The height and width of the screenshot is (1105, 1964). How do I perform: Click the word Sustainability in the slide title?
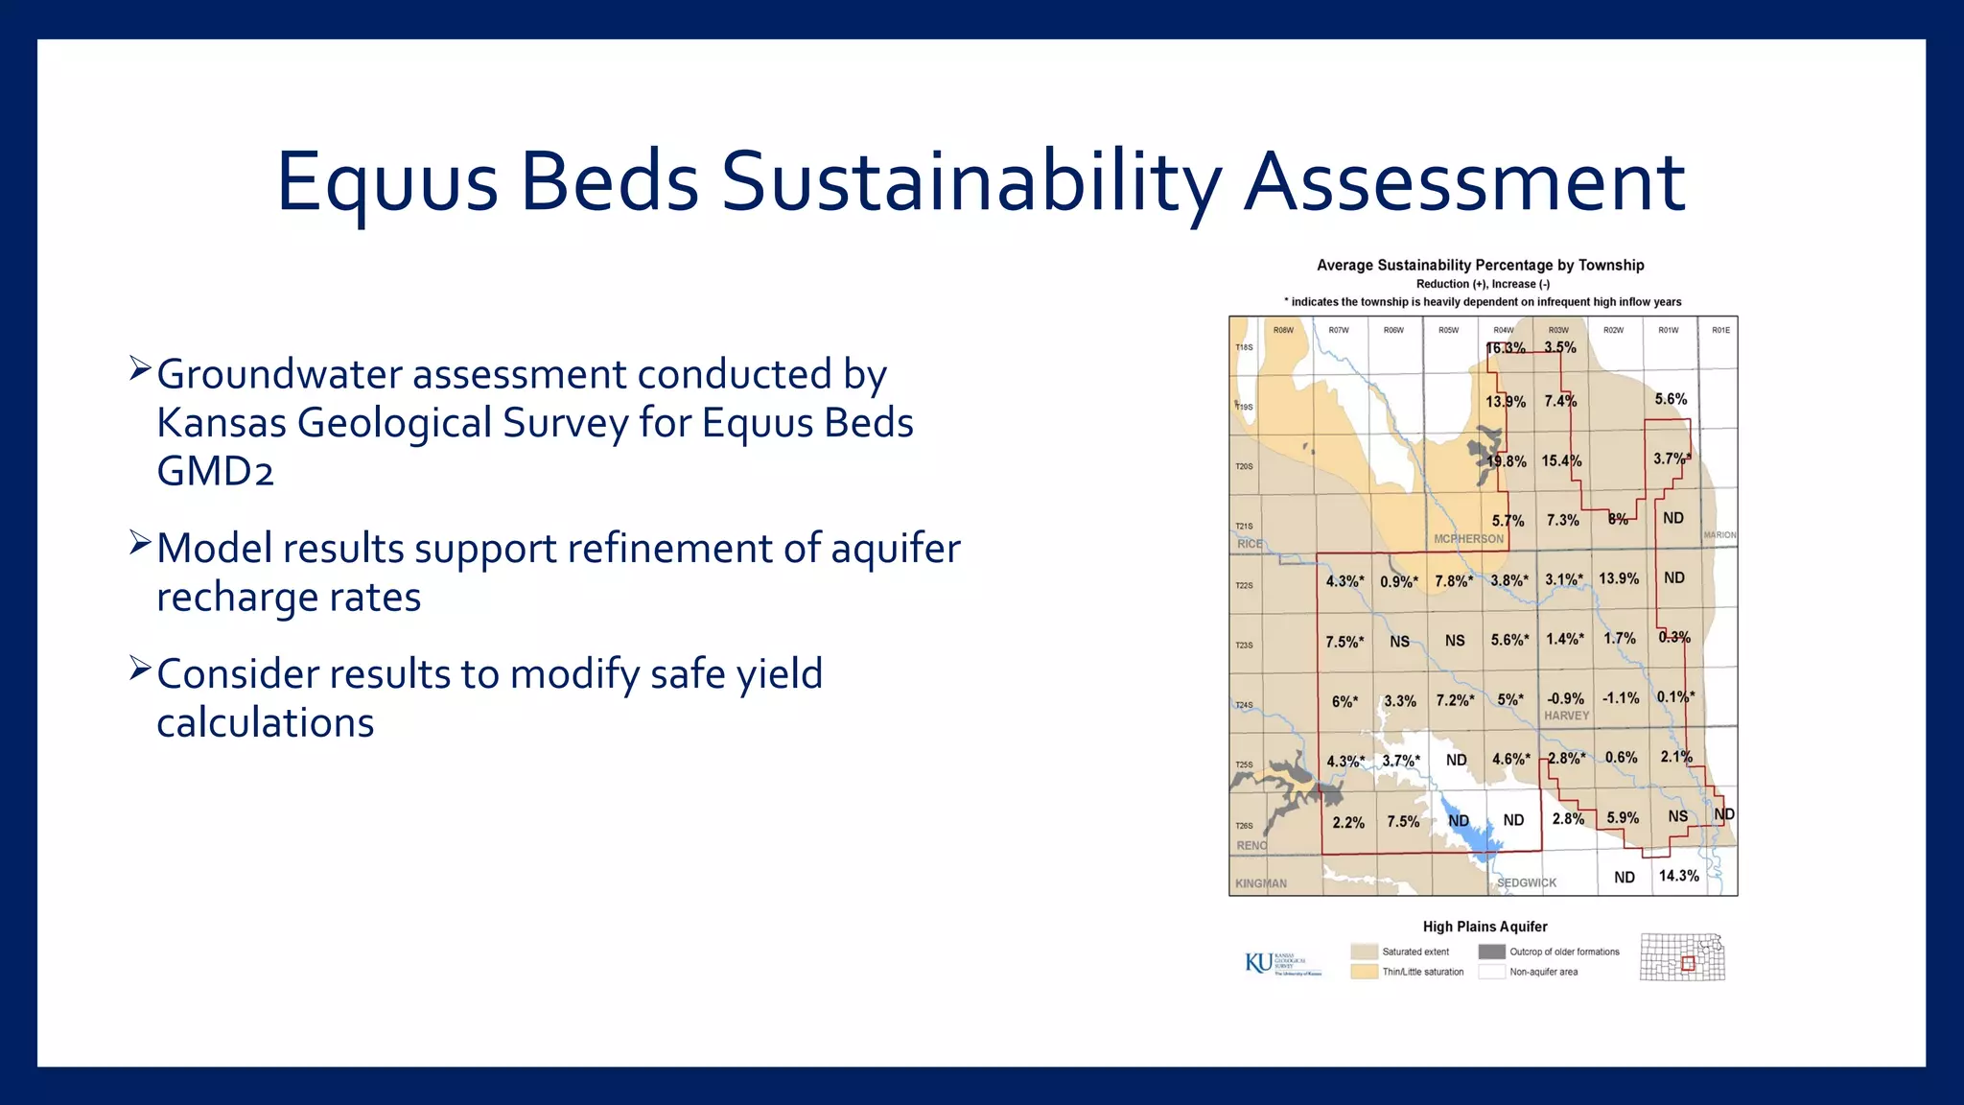(x=970, y=182)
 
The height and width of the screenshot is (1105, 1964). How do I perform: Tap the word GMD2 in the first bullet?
(x=215, y=472)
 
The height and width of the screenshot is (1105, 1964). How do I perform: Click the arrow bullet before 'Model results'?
(x=140, y=545)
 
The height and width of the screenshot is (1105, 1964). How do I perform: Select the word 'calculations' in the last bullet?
(x=265, y=723)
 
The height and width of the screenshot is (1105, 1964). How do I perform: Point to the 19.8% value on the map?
(x=1507, y=461)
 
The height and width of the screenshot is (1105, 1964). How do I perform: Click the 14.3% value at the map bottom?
(x=1678, y=876)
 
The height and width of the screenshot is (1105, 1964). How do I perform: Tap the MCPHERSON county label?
(x=1468, y=539)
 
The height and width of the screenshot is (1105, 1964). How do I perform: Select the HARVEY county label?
(x=1566, y=716)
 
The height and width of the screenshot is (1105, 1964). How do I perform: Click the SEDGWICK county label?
(x=1527, y=882)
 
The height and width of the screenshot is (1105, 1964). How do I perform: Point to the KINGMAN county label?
(x=1260, y=883)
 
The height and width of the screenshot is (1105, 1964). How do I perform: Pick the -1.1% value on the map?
(x=1621, y=698)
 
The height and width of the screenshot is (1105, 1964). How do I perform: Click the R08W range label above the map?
(x=1283, y=330)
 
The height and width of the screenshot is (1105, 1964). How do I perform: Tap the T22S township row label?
(x=1244, y=585)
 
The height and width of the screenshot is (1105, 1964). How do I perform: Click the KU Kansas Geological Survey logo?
(x=1282, y=963)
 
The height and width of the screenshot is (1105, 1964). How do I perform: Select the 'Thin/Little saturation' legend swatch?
(x=1364, y=972)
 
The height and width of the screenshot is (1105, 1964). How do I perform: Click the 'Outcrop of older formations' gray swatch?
(x=1491, y=952)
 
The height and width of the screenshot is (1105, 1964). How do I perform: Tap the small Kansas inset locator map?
(x=1682, y=956)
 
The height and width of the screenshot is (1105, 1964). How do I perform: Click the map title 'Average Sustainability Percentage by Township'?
(x=1480, y=265)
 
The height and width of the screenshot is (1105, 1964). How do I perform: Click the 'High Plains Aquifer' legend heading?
(x=1485, y=927)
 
